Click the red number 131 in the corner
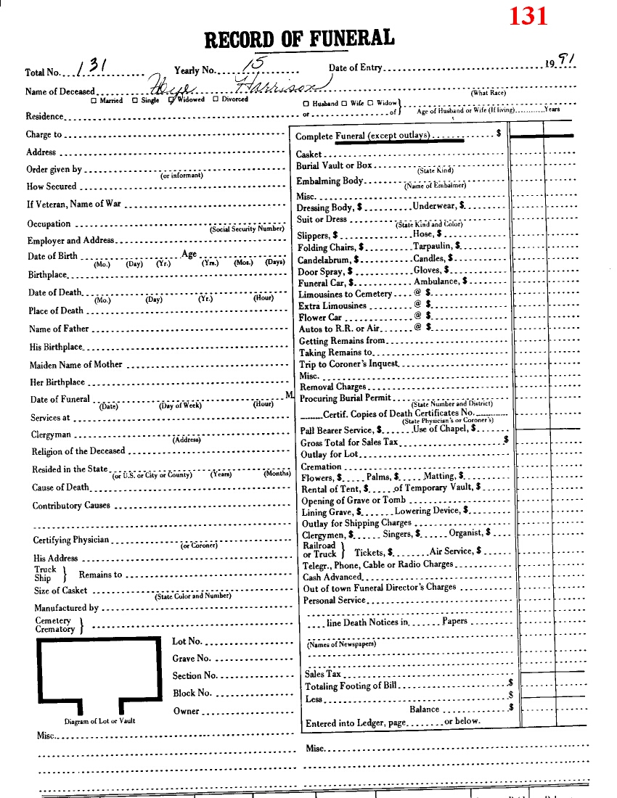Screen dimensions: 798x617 [528, 15]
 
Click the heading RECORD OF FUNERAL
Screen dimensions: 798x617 [300, 39]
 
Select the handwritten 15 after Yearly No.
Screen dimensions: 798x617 [254, 66]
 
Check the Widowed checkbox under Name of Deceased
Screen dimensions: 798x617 [171, 100]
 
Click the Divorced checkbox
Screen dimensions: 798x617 [216, 100]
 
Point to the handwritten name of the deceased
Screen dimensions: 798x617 [232, 87]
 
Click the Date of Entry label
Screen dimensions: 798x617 [355, 68]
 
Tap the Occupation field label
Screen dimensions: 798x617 [49, 224]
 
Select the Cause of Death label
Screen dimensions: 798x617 [60, 488]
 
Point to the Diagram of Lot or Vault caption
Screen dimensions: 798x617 [99, 721]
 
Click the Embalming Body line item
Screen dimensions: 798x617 [330, 181]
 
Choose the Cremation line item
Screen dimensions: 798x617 [321, 466]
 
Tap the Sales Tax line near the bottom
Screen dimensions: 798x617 [322, 674]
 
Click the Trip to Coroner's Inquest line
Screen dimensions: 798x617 [348, 364]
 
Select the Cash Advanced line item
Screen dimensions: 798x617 [332, 577]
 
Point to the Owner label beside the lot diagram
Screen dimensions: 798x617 [186, 711]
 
